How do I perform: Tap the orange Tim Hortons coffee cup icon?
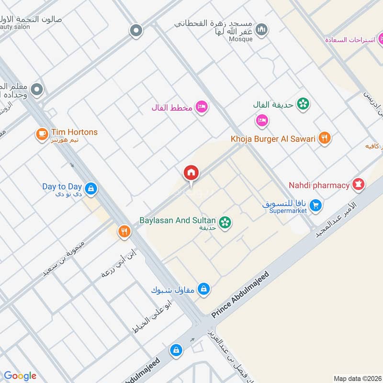point(42,135)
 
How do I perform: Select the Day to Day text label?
point(62,186)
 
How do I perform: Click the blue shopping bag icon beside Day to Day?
point(91,189)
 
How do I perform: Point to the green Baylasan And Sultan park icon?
point(225,222)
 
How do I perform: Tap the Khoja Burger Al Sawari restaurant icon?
point(325,138)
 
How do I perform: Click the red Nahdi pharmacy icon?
point(358,184)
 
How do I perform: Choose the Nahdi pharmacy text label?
point(319,185)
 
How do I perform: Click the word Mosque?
point(241,39)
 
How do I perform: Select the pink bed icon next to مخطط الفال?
point(202,107)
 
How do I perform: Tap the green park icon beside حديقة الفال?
point(302,103)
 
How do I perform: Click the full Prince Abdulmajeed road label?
point(241,294)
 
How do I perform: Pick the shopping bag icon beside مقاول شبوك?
point(204,289)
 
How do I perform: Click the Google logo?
point(20,376)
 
